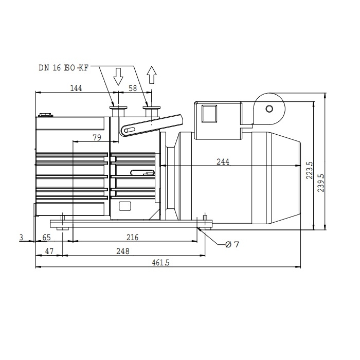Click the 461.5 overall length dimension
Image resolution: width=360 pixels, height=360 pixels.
tap(160, 262)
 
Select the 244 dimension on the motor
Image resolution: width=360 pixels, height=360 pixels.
tap(223, 162)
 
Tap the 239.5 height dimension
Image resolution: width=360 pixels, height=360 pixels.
tap(321, 183)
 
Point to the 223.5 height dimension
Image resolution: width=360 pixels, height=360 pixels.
tap(310, 170)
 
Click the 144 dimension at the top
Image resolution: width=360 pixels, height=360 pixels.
tap(76, 88)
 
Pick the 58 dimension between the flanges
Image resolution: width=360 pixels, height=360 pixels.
tap(133, 88)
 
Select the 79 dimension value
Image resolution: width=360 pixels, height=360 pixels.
tap(97, 137)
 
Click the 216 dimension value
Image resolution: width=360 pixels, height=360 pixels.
tap(133, 237)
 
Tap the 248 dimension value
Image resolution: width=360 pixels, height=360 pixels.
tap(123, 251)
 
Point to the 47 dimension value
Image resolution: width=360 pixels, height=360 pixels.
tap(49, 251)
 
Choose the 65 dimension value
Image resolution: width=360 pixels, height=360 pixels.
tap(46, 237)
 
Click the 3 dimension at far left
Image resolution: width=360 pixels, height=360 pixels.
tap(22, 237)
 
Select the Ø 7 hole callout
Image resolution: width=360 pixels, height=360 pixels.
tap(232, 245)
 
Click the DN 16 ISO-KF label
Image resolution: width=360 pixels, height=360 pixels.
tap(64, 68)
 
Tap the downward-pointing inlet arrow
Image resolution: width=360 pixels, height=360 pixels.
tap(118, 77)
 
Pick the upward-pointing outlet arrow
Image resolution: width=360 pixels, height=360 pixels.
tap(152, 75)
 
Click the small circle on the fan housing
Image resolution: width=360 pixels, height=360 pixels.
tap(269, 109)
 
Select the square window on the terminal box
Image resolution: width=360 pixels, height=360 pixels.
tap(209, 114)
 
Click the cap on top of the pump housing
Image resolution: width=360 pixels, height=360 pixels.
tap(46, 115)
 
